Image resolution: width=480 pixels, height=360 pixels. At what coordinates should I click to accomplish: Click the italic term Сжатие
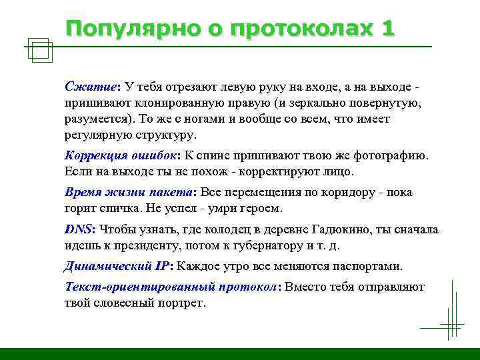click(90, 87)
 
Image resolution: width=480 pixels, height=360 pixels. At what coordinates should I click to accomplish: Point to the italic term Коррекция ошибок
click(121, 156)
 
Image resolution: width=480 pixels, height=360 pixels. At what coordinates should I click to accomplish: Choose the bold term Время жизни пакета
click(128, 193)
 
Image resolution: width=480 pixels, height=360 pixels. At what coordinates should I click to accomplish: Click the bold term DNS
click(79, 229)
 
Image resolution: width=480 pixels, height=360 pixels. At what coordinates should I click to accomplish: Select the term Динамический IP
click(117, 266)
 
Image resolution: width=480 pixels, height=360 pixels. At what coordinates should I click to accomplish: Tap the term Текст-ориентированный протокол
click(171, 287)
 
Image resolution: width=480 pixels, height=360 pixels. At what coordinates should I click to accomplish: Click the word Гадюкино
click(332, 230)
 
